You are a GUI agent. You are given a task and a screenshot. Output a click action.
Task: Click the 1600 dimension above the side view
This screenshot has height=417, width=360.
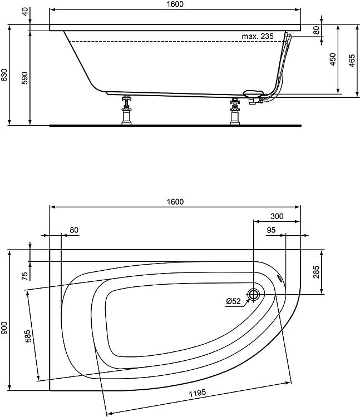(175, 4)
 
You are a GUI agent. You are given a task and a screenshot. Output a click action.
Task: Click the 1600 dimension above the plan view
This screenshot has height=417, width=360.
(175, 202)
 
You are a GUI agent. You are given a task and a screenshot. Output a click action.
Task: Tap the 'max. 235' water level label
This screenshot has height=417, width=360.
(258, 36)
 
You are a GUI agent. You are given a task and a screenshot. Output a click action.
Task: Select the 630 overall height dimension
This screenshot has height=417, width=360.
(4, 75)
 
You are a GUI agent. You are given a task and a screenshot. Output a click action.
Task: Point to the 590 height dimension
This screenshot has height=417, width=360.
(24, 78)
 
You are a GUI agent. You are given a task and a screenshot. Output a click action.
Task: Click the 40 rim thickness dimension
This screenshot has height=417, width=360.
(25, 12)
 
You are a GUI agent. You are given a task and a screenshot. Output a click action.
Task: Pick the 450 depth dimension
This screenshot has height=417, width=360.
(333, 59)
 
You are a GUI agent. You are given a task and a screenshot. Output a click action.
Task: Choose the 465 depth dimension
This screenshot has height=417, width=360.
(352, 61)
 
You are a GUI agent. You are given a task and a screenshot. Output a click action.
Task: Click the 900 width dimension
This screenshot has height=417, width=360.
(4, 328)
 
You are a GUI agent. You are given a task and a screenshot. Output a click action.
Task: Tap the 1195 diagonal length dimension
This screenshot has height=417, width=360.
(198, 393)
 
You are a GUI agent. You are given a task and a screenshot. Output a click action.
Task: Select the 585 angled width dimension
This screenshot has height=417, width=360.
(28, 336)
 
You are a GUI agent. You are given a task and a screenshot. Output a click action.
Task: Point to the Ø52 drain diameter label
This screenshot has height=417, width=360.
(233, 301)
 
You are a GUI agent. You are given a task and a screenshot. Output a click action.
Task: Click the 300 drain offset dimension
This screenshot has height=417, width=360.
(277, 216)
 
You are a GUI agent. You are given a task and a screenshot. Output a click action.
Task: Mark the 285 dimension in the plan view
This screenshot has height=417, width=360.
(316, 272)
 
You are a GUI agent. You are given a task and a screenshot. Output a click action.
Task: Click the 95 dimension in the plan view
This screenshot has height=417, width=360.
(271, 230)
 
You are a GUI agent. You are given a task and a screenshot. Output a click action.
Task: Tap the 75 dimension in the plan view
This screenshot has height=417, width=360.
(24, 276)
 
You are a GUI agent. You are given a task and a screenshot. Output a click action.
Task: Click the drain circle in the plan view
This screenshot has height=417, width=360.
(254, 294)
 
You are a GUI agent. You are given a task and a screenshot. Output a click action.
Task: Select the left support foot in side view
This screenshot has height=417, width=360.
(126, 110)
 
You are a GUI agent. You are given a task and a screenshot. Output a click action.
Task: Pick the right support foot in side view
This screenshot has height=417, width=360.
(235, 111)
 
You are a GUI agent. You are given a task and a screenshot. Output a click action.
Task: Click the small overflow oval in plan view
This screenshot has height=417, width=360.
(280, 277)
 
